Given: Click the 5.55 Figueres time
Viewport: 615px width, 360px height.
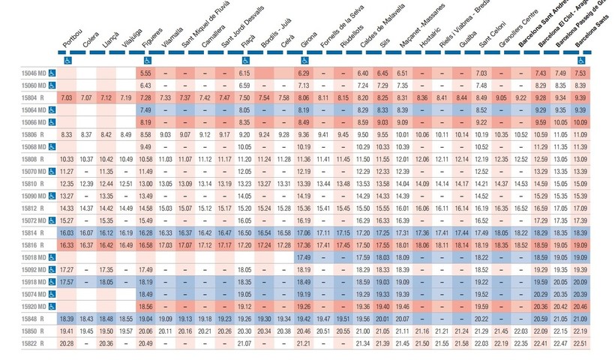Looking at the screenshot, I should pos(145,73).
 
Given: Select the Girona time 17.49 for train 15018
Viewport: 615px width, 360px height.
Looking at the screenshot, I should pos(304,257).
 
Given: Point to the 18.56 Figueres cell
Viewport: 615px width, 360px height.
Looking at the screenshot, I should pos(145,307).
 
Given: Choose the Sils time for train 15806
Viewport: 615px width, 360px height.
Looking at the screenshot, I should pos(382,134).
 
